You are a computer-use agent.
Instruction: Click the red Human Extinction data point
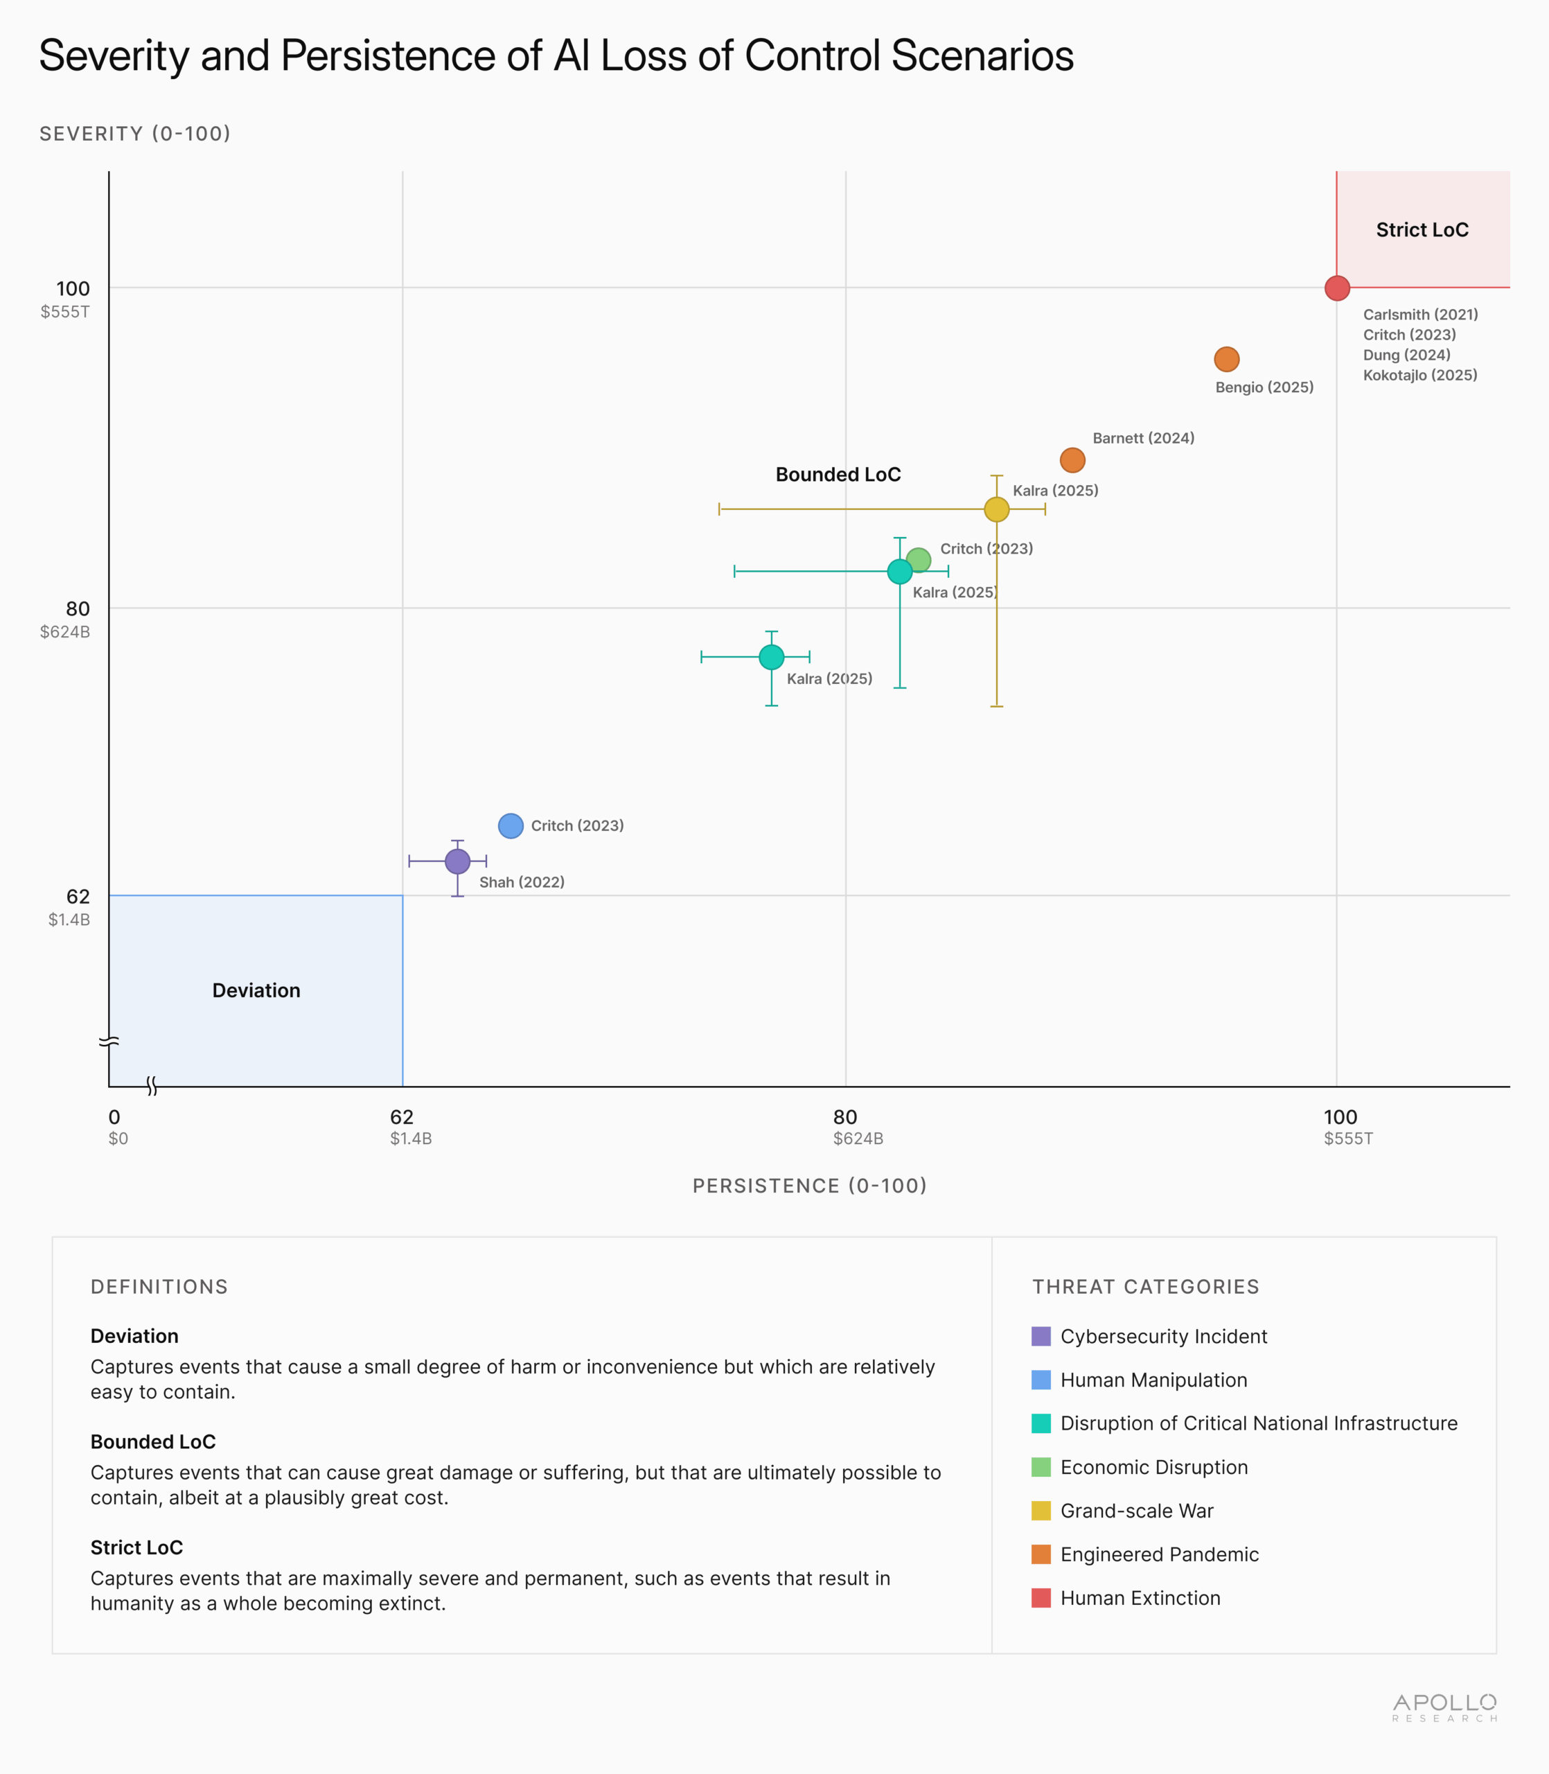(x=1336, y=288)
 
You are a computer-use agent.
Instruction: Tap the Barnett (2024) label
(x=1143, y=439)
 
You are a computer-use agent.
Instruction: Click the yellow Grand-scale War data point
(x=997, y=509)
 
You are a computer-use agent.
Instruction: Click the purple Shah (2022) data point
(x=457, y=861)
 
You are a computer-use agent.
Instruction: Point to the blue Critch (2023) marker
(x=511, y=825)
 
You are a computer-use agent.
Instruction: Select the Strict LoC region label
(x=1422, y=230)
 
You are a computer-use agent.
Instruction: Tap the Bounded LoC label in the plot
(x=838, y=475)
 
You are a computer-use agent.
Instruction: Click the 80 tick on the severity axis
(x=78, y=608)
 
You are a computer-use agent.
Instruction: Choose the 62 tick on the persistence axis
(x=402, y=1117)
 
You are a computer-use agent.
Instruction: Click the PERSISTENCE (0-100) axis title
(x=809, y=1185)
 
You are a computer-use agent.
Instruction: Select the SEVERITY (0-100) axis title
(x=135, y=134)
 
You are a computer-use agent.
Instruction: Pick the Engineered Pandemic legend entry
(x=1159, y=1554)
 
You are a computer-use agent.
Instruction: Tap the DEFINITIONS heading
(x=159, y=1286)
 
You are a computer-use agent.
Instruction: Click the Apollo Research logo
(x=1444, y=1707)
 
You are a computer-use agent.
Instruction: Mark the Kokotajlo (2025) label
(x=1419, y=375)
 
